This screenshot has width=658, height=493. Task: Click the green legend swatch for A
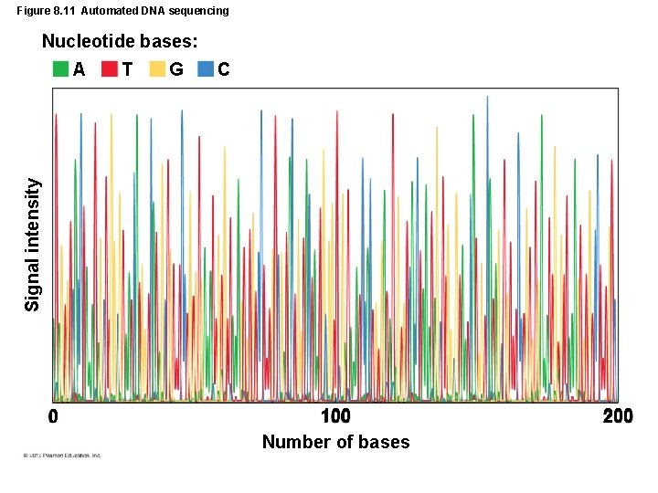click(x=60, y=68)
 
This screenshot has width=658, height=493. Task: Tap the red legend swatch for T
click(x=109, y=68)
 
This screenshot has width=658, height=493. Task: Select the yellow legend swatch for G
click(x=157, y=68)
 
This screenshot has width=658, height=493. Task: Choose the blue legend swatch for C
click(x=206, y=68)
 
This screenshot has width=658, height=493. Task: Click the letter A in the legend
click(x=80, y=68)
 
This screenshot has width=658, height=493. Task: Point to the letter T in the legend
click(x=127, y=68)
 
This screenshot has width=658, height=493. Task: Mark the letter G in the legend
click(x=176, y=68)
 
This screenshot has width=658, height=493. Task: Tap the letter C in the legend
click(x=224, y=68)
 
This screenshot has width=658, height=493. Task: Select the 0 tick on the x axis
click(x=53, y=417)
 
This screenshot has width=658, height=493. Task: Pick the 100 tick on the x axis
click(x=335, y=417)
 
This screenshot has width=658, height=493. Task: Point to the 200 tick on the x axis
click(x=618, y=417)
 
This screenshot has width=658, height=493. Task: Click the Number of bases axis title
click(x=335, y=442)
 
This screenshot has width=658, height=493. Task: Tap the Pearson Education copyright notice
click(x=57, y=455)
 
